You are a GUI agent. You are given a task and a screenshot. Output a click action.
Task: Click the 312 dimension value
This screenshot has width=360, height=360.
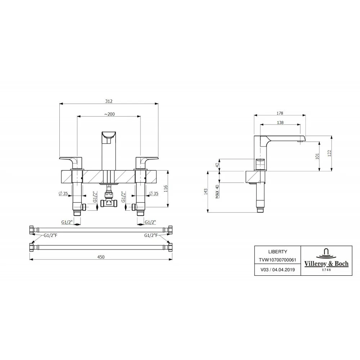[x=109, y=101]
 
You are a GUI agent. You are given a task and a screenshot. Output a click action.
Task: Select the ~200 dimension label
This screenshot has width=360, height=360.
[x=109, y=114]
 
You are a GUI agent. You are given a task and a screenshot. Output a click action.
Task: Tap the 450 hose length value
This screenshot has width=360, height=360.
[x=101, y=257]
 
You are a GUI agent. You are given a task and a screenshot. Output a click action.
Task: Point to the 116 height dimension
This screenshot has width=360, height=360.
[x=166, y=189]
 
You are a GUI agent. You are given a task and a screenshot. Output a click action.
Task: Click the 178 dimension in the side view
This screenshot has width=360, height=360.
[x=280, y=113]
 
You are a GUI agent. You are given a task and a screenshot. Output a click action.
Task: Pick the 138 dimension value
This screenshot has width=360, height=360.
[x=280, y=123]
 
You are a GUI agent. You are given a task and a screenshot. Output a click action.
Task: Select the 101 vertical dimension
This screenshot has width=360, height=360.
[x=318, y=156]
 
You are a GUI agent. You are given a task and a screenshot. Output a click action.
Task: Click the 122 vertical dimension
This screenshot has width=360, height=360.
[x=329, y=153]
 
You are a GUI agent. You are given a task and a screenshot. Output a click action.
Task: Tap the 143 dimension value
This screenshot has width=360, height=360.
[x=206, y=192]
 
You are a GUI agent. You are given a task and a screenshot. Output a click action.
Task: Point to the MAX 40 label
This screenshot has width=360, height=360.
[x=217, y=192]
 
